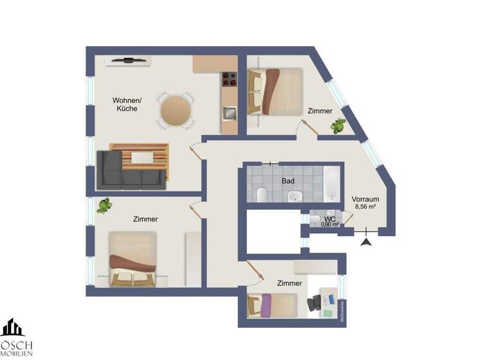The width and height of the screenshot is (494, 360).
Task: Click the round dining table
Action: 176,111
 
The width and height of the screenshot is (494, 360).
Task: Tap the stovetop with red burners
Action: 230,80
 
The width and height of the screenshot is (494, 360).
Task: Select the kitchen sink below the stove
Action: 230,113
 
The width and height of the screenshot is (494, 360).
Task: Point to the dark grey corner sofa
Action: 129,170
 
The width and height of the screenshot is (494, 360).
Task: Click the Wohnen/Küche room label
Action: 127,104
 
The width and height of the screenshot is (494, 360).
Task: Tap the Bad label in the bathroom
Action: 288,181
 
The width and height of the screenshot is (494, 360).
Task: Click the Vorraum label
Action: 365,199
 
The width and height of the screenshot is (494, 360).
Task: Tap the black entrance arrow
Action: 367,242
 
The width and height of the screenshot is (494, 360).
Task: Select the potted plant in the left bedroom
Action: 104,206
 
